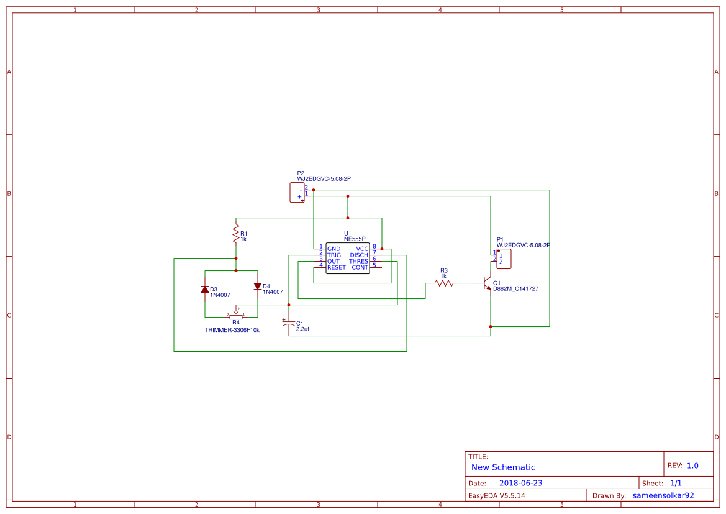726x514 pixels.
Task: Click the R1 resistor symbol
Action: [x=235, y=234]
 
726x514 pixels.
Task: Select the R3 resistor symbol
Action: [x=444, y=283]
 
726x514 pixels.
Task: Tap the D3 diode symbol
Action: [x=204, y=289]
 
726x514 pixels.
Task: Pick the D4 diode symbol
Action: [x=258, y=286]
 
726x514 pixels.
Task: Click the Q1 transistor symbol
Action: [x=488, y=283]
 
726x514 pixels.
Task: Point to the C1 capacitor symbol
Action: [x=289, y=324]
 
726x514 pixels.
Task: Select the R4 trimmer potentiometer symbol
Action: [x=236, y=316]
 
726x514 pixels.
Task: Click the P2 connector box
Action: [x=297, y=192]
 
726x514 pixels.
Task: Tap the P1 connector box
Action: [x=504, y=259]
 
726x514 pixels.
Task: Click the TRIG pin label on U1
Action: [x=334, y=255]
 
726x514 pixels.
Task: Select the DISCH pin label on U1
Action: [x=358, y=255]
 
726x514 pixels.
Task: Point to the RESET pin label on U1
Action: [x=336, y=267]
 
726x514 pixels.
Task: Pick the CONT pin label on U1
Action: [x=360, y=267]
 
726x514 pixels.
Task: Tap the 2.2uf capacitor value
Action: [x=302, y=329]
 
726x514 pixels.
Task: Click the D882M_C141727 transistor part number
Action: [x=515, y=289]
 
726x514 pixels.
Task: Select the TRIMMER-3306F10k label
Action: [x=232, y=330]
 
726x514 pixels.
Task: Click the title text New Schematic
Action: [x=503, y=467]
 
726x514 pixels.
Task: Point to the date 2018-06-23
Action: [x=520, y=483]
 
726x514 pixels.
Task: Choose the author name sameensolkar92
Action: [x=663, y=495]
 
